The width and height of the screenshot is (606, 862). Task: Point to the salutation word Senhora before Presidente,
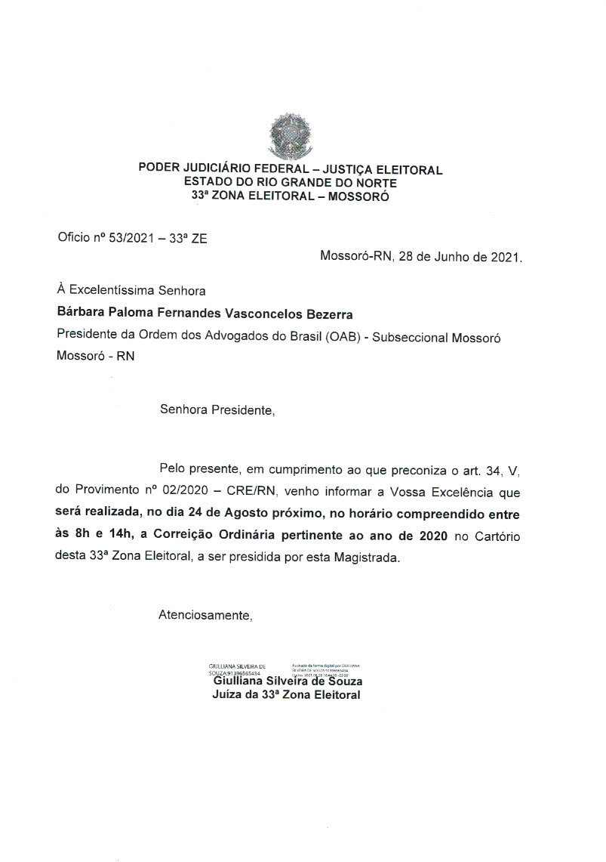click(185, 411)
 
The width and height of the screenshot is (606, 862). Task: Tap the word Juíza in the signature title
click(227, 694)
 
